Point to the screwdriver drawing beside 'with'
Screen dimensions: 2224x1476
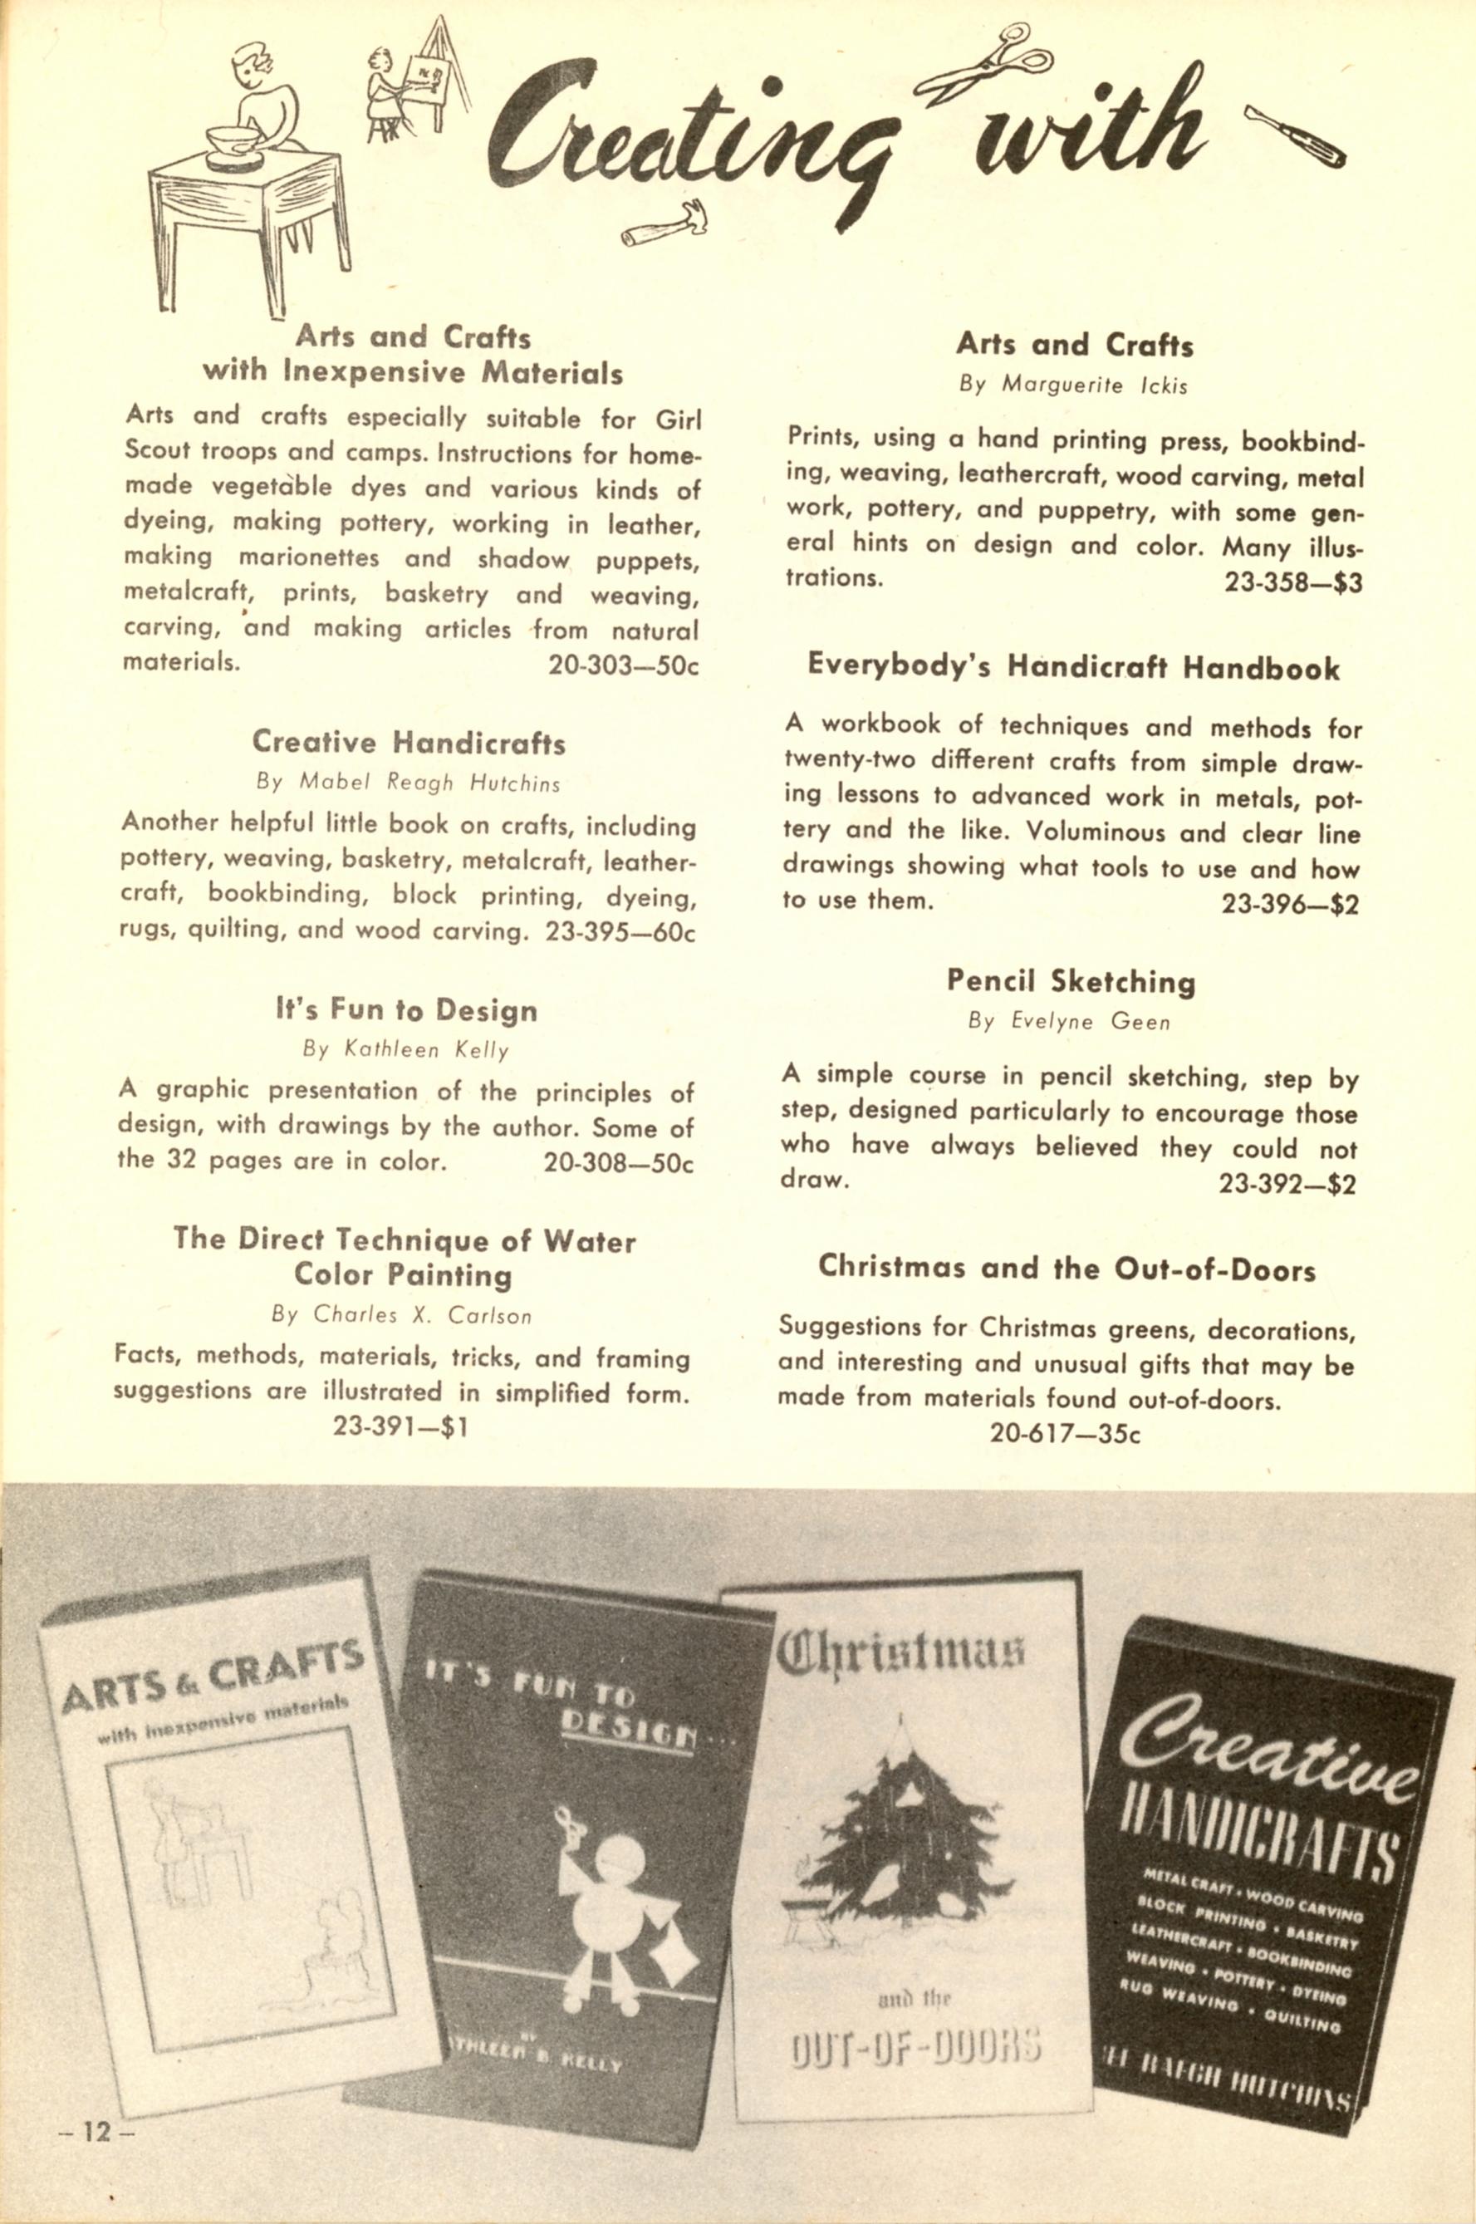tap(1294, 135)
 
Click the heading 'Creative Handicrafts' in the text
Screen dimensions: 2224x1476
tap(409, 743)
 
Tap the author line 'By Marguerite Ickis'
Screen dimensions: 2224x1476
tap(1073, 385)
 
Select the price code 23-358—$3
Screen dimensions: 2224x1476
tap(1292, 583)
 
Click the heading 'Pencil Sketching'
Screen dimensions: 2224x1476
tap(1071, 982)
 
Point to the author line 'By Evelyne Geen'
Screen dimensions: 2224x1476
tap(1068, 1022)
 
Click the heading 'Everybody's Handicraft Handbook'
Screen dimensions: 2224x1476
tap(1073, 668)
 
